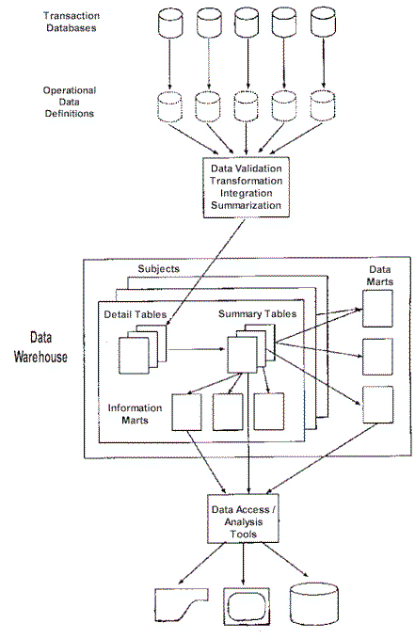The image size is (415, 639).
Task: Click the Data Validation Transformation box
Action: tap(244, 186)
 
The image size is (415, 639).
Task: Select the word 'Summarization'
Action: tap(244, 205)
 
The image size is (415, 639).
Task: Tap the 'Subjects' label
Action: tap(157, 269)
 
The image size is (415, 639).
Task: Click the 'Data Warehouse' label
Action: tap(46, 346)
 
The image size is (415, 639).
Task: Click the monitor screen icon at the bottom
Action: tap(246, 602)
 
